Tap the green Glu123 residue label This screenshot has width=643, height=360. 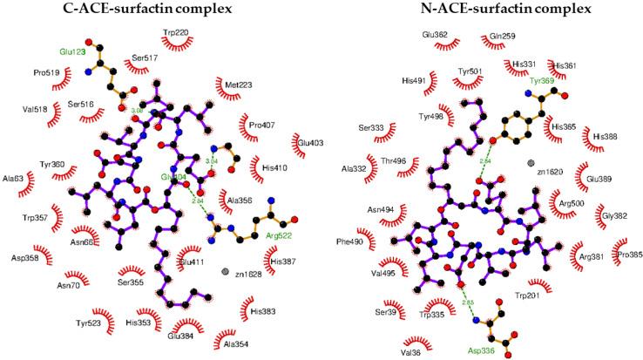tap(74, 52)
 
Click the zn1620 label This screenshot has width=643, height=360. tap(551, 173)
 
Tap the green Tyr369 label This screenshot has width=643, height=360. tap(565, 81)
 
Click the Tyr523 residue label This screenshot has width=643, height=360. tap(89, 323)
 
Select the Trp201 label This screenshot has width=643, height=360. tap(552, 295)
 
